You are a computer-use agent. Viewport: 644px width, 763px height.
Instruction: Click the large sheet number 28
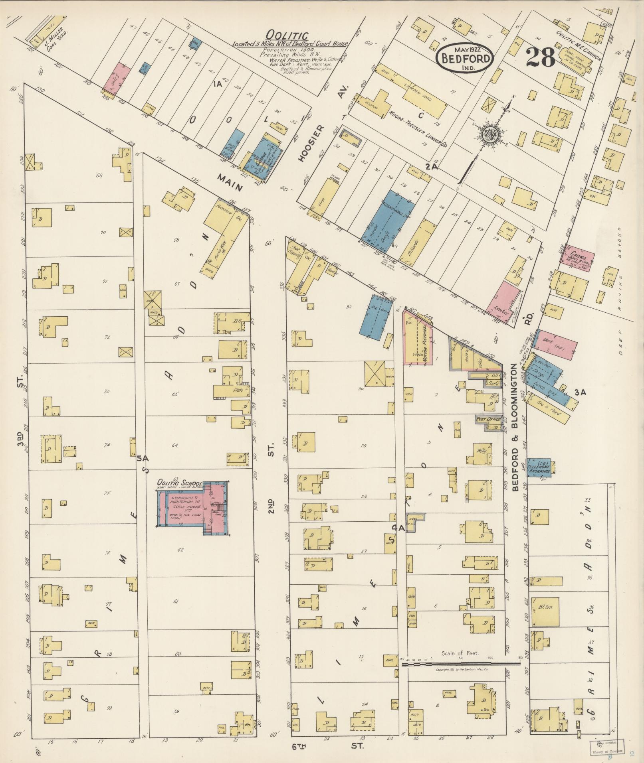(x=540, y=58)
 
